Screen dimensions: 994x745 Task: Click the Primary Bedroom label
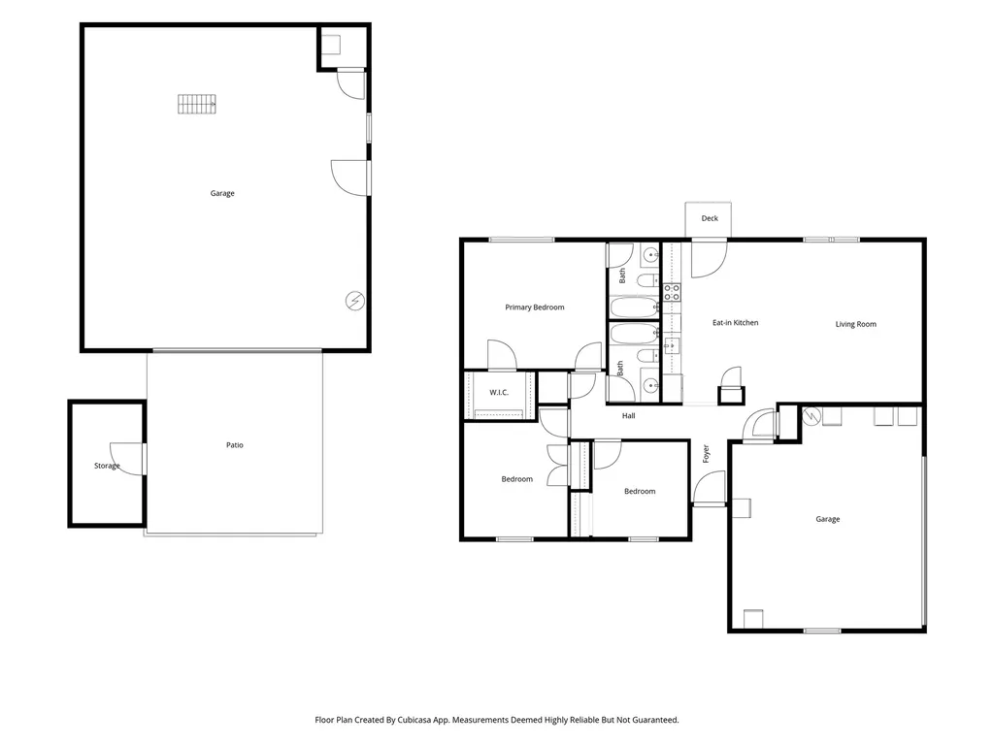[x=535, y=308]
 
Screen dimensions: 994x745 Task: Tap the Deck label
[x=710, y=218]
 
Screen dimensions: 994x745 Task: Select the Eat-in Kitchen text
[x=736, y=322]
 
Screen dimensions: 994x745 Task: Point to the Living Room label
[x=856, y=324]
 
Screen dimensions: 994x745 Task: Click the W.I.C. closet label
[x=499, y=392]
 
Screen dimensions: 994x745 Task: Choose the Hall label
[x=628, y=415]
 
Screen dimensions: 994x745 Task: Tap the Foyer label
[x=706, y=454]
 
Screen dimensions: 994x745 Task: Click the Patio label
[x=235, y=444]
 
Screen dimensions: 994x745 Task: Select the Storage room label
[x=107, y=466]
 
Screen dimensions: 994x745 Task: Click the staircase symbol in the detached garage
[x=196, y=104]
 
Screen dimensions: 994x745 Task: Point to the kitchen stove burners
[x=672, y=292]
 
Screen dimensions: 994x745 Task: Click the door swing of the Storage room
[x=126, y=459]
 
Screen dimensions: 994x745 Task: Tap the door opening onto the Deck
[x=708, y=258]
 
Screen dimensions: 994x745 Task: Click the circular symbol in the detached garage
[x=355, y=301]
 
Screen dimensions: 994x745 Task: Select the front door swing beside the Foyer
[x=708, y=488]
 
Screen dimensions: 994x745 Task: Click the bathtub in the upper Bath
[x=634, y=308]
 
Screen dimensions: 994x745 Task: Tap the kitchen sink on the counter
[x=672, y=346]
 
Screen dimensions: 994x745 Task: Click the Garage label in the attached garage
[x=827, y=519]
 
